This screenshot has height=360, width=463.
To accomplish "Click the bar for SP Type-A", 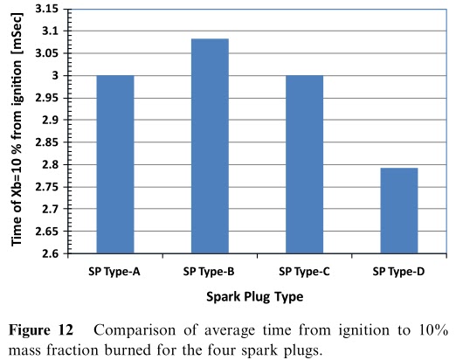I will pos(114,164).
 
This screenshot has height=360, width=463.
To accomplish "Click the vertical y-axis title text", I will pos(15,131).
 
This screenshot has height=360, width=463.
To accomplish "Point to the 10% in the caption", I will pos(432,331).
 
